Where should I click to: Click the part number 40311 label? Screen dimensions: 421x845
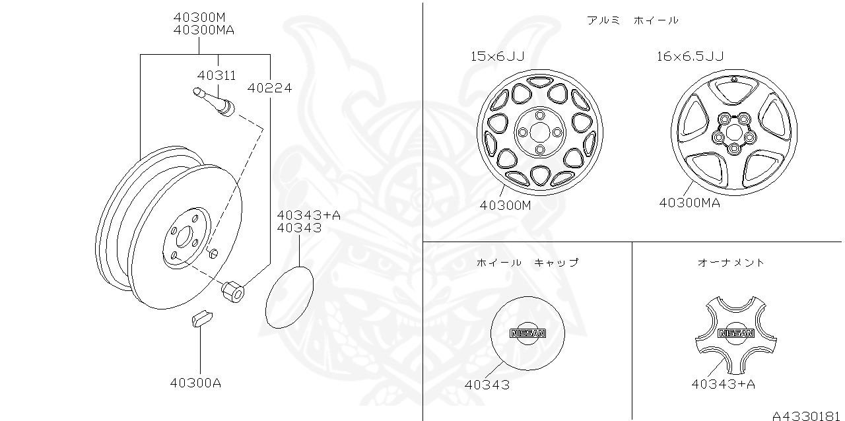point(217,76)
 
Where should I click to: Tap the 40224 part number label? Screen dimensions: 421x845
point(269,87)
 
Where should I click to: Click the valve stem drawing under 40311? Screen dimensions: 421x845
point(215,102)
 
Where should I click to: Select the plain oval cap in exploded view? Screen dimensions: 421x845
point(289,297)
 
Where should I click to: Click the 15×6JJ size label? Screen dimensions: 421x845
point(497,56)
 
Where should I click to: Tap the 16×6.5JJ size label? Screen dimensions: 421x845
point(690,56)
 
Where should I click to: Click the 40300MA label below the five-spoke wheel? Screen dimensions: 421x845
point(689,203)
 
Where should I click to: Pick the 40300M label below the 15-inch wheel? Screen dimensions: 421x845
point(505,205)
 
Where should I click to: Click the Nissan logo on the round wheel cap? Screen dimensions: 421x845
point(527,333)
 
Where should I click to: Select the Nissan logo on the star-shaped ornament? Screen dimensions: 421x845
point(735,333)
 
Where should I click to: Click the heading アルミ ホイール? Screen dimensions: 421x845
point(632,20)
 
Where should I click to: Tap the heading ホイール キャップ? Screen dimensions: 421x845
point(527,262)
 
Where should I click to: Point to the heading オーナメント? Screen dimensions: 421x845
point(731,262)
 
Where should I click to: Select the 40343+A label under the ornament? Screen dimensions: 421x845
point(724,383)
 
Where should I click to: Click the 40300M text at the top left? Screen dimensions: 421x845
point(199,17)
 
